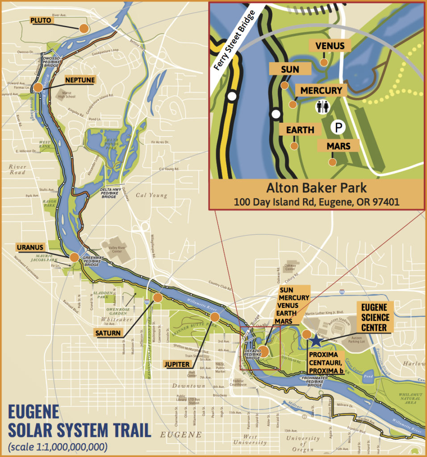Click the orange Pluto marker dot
click(84, 29)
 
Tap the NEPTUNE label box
click(80, 80)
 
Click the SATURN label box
click(108, 333)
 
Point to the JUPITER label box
click(176, 364)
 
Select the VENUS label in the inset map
click(330, 46)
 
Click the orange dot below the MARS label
click(332, 162)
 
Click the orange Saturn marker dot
click(157, 297)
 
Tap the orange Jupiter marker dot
click(215, 317)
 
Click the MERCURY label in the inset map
click(321, 90)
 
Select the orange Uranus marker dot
click(74, 257)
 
